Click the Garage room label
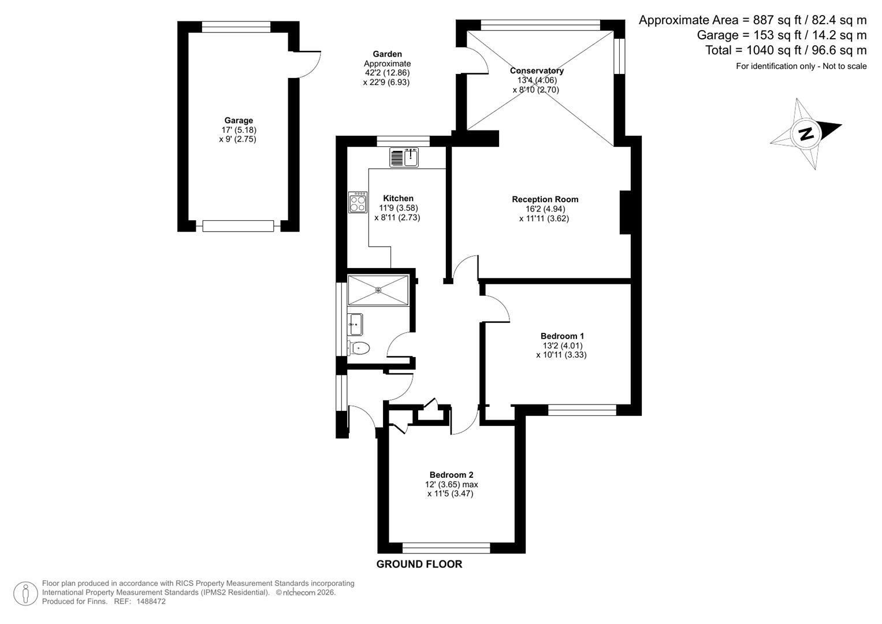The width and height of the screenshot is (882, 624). click(x=239, y=121)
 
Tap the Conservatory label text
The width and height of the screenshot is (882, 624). click(x=537, y=70)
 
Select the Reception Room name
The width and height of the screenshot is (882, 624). click(x=545, y=199)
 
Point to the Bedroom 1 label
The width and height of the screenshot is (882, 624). click(x=562, y=336)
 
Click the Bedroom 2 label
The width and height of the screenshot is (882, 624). click(x=451, y=475)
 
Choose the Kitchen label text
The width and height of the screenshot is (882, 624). click(x=398, y=198)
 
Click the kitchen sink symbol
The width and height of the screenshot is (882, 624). click(x=404, y=158)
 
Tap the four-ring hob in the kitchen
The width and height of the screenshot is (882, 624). click(x=358, y=202)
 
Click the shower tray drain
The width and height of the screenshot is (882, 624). click(x=378, y=290)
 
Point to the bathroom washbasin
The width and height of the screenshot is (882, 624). click(x=355, y=325)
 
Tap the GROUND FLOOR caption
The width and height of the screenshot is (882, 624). click(x=419, y=564)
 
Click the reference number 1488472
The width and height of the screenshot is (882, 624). click(x=151, y=601)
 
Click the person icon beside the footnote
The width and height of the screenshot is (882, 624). click(x=25, y=594)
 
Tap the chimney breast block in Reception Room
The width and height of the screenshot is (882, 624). click(x=626, y=213)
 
